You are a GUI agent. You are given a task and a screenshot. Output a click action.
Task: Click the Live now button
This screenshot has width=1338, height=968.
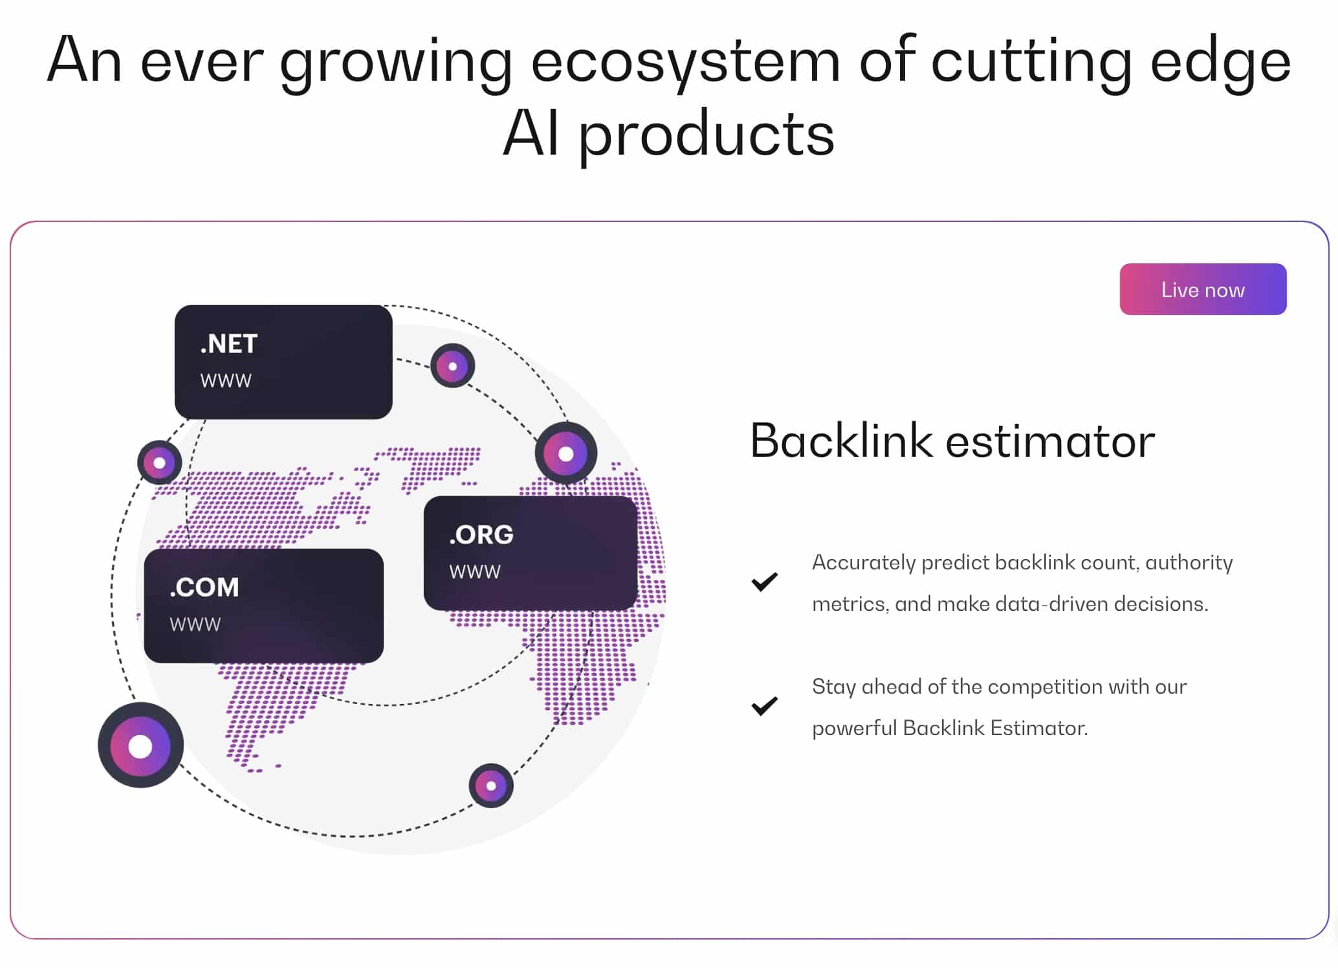click(1203, 289)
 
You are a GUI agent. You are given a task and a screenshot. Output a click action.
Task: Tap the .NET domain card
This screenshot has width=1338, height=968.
click(283, 362)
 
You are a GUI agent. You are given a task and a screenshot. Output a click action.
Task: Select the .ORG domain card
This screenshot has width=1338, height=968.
click(531, 553)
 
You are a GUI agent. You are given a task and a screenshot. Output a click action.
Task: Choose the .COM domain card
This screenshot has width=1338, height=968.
click(263, 606)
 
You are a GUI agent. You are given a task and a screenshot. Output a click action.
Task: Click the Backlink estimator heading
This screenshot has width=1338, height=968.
click(952, 441)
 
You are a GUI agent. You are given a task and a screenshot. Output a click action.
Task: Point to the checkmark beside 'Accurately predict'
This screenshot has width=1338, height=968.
click(764, 582)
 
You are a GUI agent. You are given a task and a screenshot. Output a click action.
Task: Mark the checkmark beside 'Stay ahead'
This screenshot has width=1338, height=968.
click(764, 706)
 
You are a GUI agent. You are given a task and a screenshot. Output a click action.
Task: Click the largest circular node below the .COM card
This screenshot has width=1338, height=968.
click(140, 745)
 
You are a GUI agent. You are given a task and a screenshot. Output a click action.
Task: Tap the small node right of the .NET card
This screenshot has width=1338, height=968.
click(453, 366)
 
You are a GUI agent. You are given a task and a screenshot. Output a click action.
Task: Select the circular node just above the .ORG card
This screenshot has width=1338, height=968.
click(566, 454)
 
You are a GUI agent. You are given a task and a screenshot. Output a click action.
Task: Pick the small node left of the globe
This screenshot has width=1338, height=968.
click(159, 463)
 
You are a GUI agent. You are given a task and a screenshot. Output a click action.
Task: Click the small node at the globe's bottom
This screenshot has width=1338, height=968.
click(491, 786)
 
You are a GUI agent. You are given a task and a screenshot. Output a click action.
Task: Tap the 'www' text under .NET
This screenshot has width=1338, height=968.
click(226, 380)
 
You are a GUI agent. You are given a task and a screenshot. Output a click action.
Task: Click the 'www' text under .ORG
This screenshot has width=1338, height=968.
click(475, 572)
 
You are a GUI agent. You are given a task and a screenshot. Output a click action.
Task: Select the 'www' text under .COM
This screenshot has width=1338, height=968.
click(195, 624)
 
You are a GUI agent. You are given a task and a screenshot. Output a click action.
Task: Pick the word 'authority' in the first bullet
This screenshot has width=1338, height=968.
click(1189, 563)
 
